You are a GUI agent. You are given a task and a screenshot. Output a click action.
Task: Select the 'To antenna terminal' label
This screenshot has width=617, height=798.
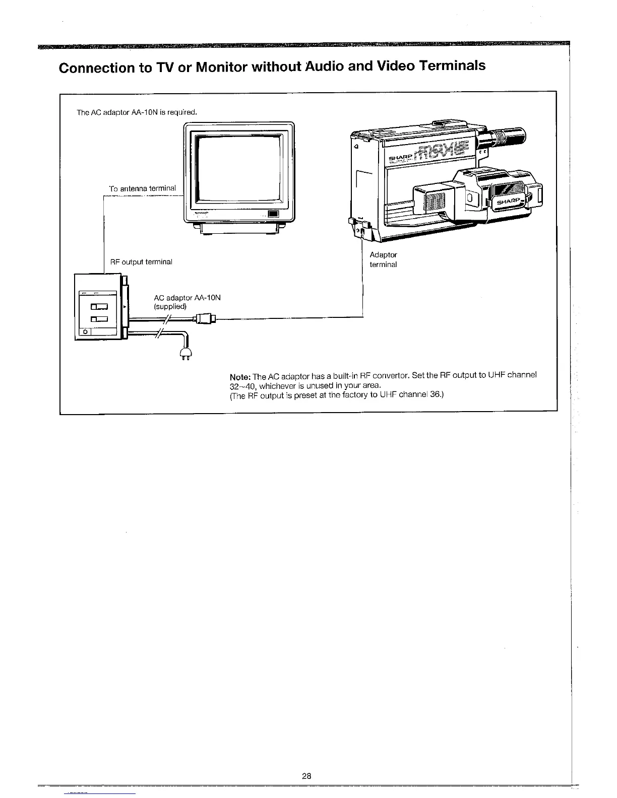point(143,188)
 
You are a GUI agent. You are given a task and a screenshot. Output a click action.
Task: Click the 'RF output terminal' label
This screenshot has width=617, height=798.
point(141,262)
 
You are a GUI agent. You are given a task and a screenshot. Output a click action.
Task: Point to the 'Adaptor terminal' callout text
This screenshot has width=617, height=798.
point(383,259)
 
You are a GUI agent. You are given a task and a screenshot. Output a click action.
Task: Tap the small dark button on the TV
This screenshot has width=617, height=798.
point(273,214)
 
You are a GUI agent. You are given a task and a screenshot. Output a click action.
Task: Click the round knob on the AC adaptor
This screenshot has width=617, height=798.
point(86,332)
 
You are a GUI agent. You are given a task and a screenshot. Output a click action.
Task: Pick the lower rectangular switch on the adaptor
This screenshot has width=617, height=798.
point(99,318)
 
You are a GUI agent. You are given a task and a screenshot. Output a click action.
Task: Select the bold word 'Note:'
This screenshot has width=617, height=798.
point(240,377)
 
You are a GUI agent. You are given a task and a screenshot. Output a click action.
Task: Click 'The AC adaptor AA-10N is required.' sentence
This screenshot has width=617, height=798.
point(136,112)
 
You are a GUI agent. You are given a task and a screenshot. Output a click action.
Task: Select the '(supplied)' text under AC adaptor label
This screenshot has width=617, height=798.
point(170,306)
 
